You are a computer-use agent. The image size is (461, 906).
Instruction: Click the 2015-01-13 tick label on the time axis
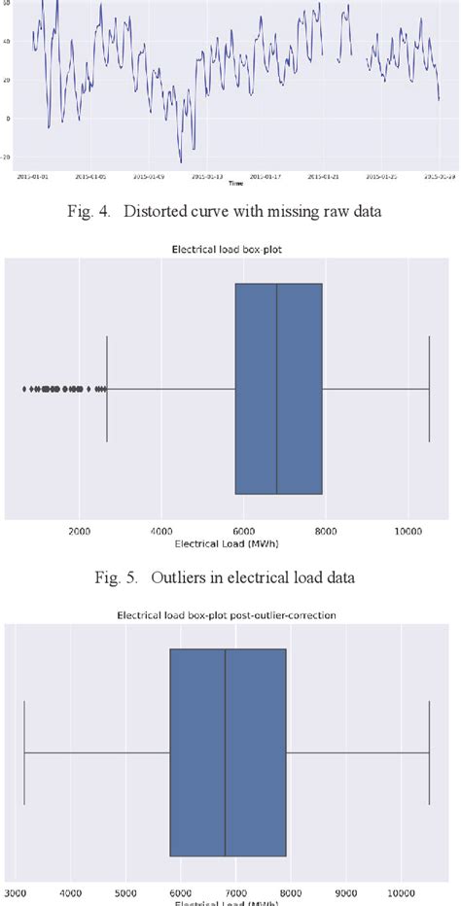tap(207, 176)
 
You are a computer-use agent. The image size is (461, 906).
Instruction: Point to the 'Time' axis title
tap(235, 183)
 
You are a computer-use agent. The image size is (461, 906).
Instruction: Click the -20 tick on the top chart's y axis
tap(9, 156)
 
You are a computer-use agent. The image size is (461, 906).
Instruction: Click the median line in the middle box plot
tap(277, 389)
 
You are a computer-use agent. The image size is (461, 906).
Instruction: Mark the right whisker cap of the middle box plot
tap(429, 389)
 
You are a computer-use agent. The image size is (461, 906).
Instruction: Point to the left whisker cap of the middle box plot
tap(107, 389)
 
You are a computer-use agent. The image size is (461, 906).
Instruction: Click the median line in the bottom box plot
tap(226, 752)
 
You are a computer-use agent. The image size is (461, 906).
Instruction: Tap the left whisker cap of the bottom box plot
tap(24, 752)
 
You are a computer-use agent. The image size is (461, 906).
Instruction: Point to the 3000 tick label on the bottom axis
tap(16, 889)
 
